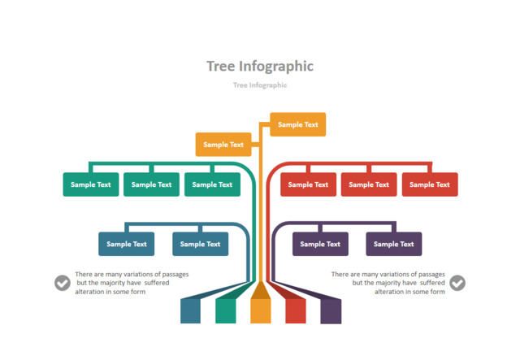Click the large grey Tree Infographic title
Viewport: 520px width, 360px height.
(259, 67)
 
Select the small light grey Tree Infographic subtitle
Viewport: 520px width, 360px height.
(259, 85)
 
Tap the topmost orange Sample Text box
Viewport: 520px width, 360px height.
(297, 124)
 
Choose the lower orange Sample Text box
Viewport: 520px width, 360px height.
(223, 145)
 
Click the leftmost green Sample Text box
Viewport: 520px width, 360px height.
(91, 184)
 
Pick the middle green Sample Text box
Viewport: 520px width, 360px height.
(151, 184)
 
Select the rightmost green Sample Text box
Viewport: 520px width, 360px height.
(212, 184)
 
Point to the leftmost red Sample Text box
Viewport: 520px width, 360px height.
(308, 184)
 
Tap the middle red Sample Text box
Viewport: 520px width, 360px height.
(369, 184)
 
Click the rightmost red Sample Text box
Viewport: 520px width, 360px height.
(430, 184)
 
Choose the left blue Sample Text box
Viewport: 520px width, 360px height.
(126, 244)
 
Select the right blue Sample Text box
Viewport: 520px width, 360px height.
(200, 244)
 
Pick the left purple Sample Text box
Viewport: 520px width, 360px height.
(320, 244)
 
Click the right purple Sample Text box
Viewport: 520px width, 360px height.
(394, 244)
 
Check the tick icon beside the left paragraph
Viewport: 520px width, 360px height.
(63, 283)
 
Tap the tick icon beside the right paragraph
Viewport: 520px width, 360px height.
(457, 283)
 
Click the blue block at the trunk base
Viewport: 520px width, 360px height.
(190, 310)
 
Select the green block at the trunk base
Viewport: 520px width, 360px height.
(225, 310)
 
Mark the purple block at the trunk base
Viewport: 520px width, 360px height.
(331, 310)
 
